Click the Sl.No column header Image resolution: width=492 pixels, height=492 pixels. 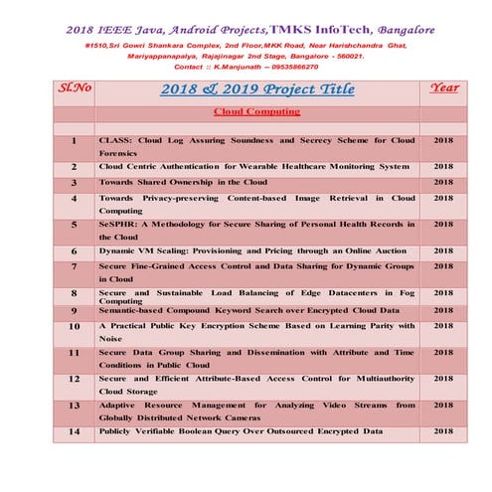(x=75, y=87)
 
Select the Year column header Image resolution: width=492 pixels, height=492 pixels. (x=443, y=87)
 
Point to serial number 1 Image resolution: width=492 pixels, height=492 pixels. (x=75, y=141)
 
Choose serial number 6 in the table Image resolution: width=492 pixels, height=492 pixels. (x=75, y=251)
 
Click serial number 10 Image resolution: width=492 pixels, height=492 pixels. (x=75, y=325)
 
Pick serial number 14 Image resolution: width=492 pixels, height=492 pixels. (x=75, y=430)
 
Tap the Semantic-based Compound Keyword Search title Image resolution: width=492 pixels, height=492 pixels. (x=248, y=311)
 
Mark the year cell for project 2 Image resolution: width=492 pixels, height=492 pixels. (x=443, y=166)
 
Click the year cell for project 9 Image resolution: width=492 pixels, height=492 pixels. (x=443, y=311)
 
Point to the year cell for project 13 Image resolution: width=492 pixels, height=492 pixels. (x=443, y=405)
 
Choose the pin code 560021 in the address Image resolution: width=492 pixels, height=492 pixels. (x=347, y=56)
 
